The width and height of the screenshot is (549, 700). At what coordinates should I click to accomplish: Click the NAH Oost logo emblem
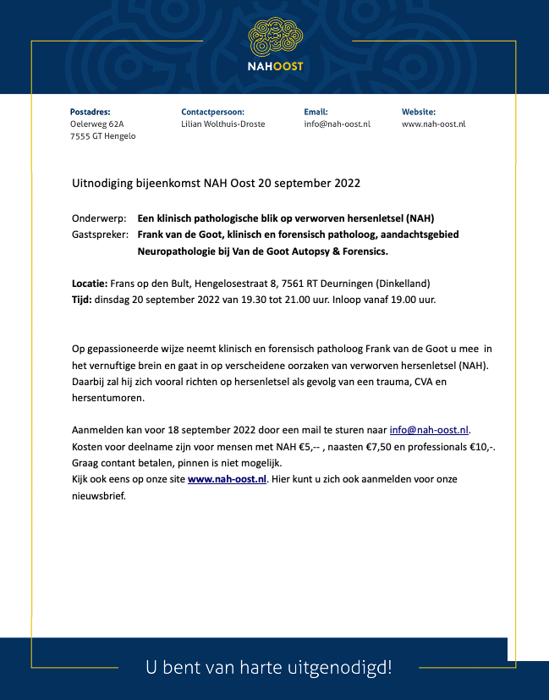(275, 37)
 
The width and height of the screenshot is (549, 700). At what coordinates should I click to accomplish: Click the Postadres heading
(90, 112)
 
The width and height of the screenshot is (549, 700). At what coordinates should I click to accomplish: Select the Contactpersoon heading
(212, 112)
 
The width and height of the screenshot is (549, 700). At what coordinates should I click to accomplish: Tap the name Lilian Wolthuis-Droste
(222, 124)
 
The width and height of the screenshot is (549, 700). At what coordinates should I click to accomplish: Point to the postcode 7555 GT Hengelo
(102, 136)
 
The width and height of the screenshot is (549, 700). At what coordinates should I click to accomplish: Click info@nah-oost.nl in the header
(337, 124)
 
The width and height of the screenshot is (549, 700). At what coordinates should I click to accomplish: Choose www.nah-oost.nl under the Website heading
(433, 124)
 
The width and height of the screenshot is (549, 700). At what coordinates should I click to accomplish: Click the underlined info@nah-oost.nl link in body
(429, 430)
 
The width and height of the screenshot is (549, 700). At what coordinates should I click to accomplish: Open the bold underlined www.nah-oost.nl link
(228, 479)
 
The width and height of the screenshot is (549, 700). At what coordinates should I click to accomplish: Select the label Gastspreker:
(101, 234)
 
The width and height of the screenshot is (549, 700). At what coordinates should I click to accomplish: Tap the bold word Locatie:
(89, 284)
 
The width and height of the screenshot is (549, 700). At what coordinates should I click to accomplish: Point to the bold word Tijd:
(82, 300)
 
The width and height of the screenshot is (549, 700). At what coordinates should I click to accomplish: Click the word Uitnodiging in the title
(101, 183)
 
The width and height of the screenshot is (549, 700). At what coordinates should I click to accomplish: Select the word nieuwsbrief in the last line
(97, 495)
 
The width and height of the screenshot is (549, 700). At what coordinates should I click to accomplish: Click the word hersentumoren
(107, 398)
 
